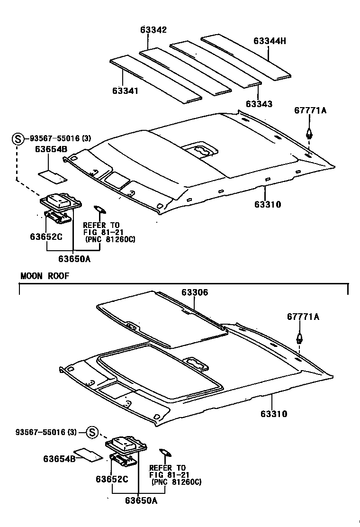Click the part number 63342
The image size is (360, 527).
point(153,30)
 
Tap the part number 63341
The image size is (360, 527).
point(126,90)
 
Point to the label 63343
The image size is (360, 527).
point(259,104)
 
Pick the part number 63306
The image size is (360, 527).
point(194,293)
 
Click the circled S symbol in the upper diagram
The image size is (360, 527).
point(18,139)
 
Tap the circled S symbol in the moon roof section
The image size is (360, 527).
point(92,432)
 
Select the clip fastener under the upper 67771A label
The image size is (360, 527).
point(309,133)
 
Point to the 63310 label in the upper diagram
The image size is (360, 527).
point(268,205)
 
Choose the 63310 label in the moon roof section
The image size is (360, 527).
point(273,414)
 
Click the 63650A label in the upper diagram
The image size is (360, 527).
point(74,259)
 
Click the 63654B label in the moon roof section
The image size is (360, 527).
point(59,459)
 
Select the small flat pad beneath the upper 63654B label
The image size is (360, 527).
point(52,176)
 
